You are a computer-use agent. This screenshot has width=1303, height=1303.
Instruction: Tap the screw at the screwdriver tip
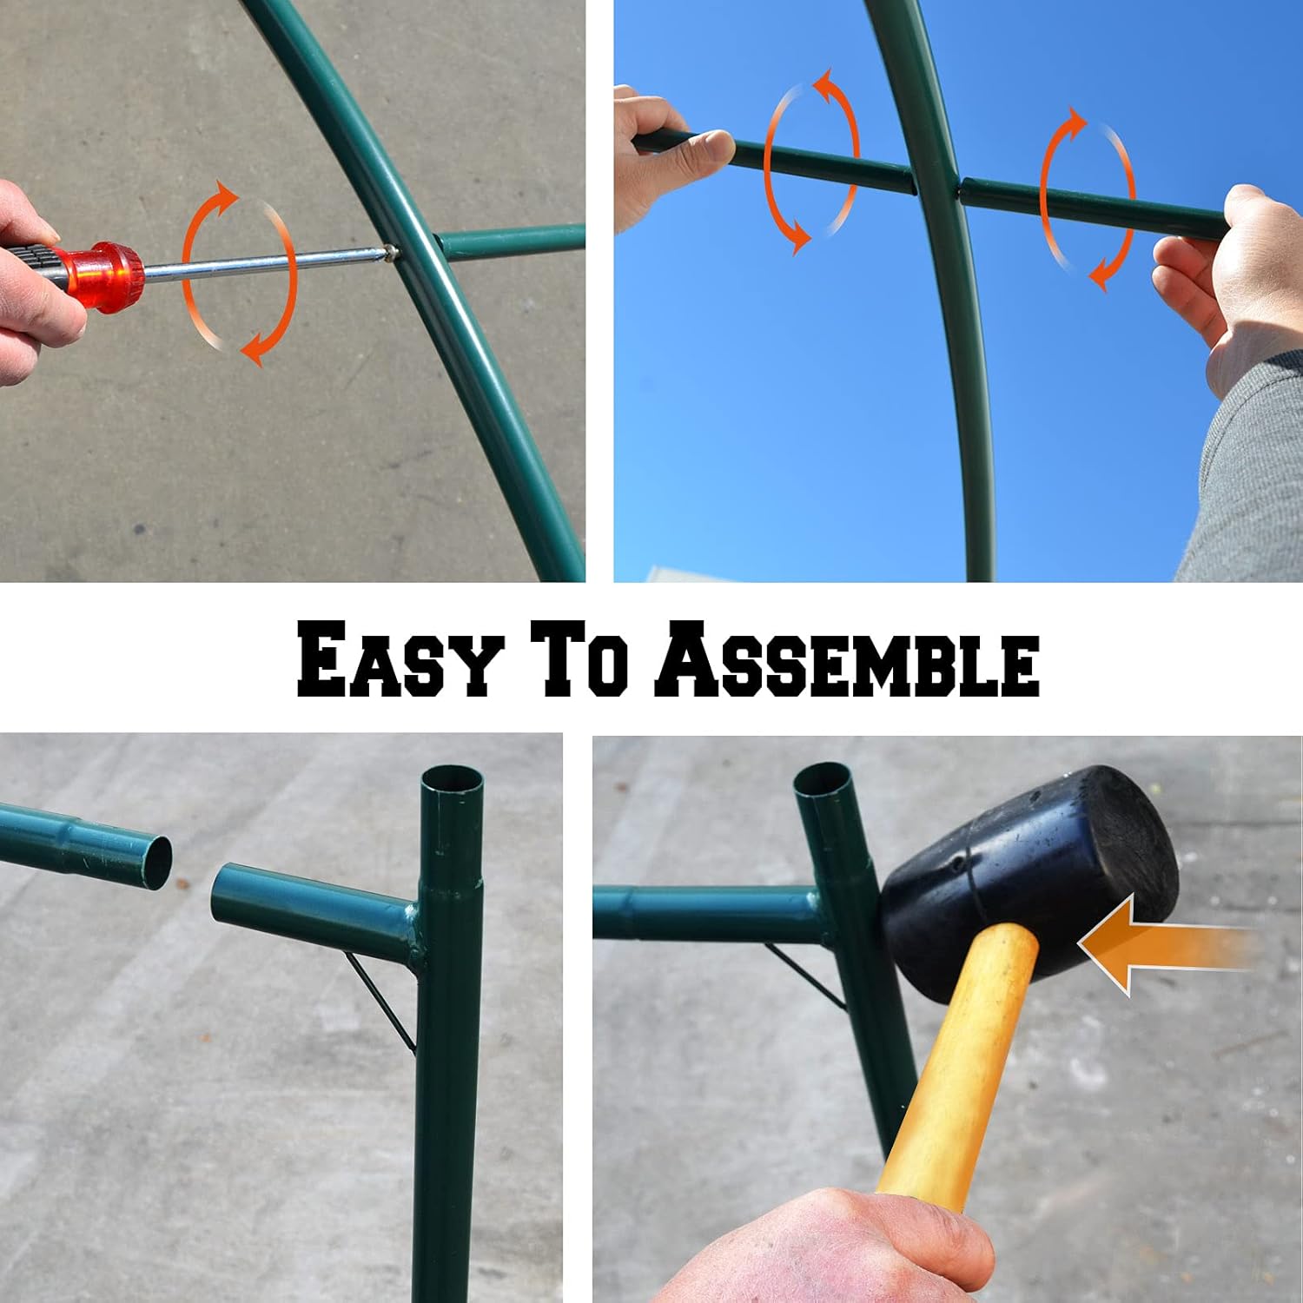(391, 252)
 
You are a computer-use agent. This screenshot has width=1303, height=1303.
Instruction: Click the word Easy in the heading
(400, 659)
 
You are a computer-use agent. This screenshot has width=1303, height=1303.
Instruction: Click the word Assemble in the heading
(847, 659)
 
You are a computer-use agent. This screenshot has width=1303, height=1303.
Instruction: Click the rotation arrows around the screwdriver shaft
(240, 273)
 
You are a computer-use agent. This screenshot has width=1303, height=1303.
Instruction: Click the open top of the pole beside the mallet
(825, 777)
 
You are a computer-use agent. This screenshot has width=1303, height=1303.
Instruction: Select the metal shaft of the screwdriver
(261, 263)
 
